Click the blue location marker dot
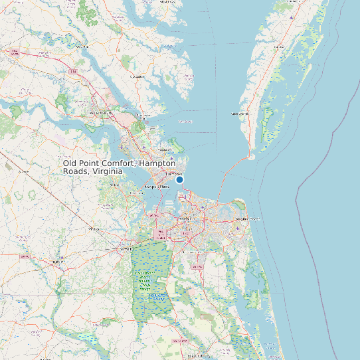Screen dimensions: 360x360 (x=179, y=179)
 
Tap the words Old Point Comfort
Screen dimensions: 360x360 (x=96, y=163)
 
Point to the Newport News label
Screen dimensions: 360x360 (x=154, y=187)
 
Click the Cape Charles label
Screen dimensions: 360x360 (x=239, y=114)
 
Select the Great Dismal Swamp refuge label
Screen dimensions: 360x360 (x=144, y=280)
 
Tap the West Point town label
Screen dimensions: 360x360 (x=82, y=48)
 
